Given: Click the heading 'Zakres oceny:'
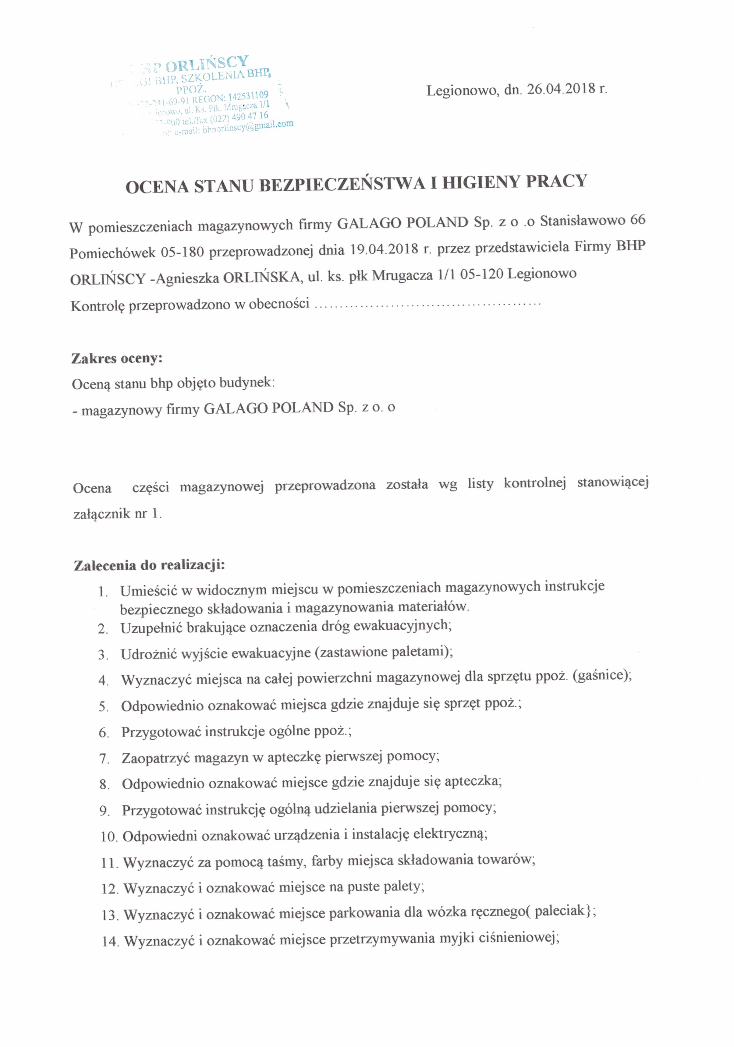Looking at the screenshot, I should pos(117,359).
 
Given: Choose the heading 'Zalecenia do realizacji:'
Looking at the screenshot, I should pos(149,565).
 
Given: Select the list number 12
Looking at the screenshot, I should pos(109,889).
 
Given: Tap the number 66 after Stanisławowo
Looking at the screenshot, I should pos(637,220).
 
